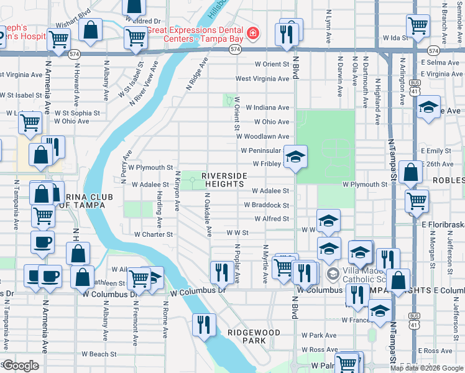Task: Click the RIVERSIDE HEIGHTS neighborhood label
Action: click(223, 180)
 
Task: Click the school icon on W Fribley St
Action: click(295, 157)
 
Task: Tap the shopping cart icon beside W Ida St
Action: click(418, 26)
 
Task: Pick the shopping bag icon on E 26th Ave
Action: click(411, 172)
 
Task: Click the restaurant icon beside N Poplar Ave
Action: click(221, 271)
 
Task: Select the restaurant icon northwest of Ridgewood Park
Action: click(203, 325)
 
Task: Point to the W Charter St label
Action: click(154, 234)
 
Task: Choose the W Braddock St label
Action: click(266, 205)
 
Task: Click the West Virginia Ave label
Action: click(262, 79)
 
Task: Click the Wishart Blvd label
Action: click(73, 11)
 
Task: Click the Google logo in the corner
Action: click(20, 366)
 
